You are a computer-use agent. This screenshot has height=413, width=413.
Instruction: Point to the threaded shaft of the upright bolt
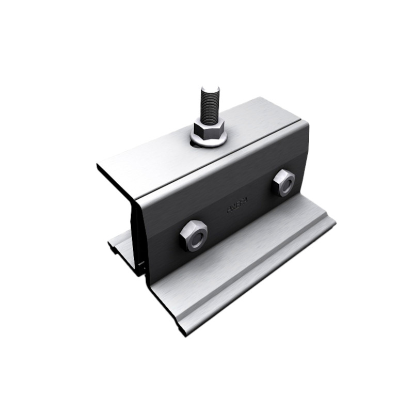pyautogui.click(x=210, y=106)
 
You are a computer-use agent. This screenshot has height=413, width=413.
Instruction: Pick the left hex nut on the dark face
pyautogui.click(x=194, y=235)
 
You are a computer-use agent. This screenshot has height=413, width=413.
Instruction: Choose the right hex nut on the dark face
pyautogui.click(x=284, y=182)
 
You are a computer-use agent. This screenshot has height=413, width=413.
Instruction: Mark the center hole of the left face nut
pyautogui.click(x=194, y=236)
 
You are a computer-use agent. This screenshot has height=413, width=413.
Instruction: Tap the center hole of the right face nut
pyautogui.click(x=284, y=183)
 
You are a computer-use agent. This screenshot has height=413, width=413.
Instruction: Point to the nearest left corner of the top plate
pyautogui.click(x=98, y=165)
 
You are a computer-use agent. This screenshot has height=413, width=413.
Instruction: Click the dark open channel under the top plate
pyautogui.click(x=121, y=196)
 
